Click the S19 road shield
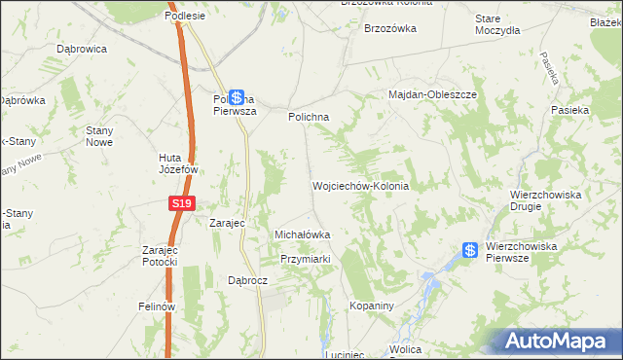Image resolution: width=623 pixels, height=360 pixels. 181,203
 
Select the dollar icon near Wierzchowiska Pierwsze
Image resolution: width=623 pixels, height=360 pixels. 470,251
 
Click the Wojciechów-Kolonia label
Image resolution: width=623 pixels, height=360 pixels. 359,185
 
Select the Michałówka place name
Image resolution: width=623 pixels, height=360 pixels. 303,234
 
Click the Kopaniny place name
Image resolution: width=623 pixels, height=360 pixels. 370,306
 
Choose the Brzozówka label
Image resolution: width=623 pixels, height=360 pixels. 389,29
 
